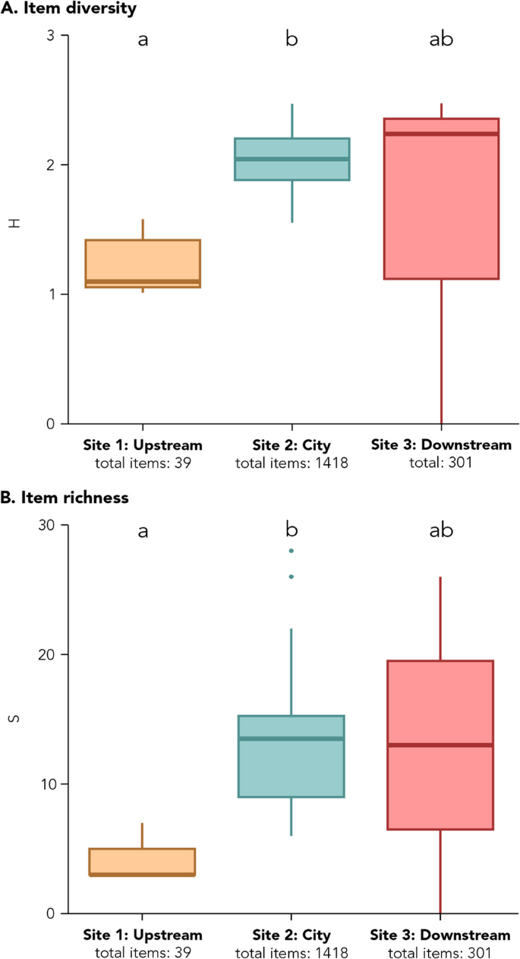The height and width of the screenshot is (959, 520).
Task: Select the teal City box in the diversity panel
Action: click(292, 159)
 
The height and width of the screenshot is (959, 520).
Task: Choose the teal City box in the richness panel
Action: click(292, 756)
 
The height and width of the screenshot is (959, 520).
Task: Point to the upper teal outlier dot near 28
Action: click(292, 551)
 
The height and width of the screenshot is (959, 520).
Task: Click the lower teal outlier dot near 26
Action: click(292, 577)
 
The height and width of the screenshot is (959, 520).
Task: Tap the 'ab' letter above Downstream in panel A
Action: click(441, 40)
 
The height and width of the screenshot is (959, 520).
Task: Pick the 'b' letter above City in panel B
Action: click(292, 530)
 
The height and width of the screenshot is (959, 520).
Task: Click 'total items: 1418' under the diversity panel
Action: click(292, 462)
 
